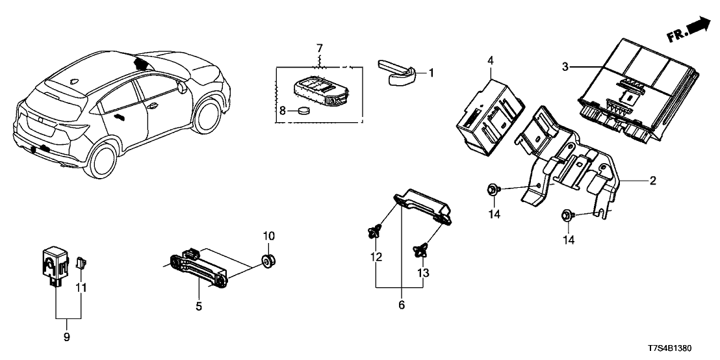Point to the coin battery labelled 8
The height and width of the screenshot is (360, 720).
[x=303, y=112]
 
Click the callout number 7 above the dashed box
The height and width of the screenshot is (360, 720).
[x=319, y=49]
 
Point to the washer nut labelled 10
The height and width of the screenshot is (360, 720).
[x=268, y=260]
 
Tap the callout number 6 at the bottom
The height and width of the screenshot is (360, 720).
[x=402, y=304]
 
